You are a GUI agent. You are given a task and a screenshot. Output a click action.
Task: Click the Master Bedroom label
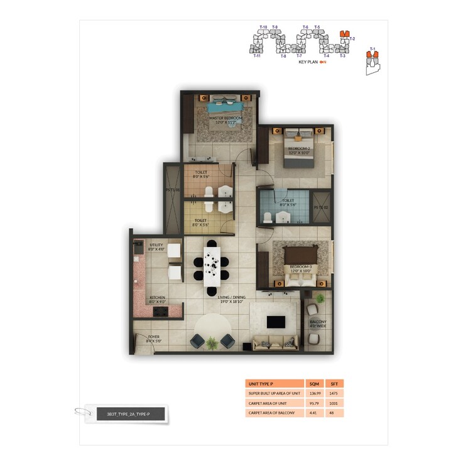[x=226, y=118]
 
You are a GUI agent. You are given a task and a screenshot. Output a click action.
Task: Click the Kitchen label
[x=156, y=298]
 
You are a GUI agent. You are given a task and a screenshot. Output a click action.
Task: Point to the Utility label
[x=156, y=248]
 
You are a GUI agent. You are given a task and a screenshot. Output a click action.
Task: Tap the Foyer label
[x=154, y=338]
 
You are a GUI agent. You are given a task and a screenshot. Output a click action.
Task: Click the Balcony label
[x=318, y=324]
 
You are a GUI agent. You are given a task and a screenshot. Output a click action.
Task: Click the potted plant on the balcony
[x=320, y=298]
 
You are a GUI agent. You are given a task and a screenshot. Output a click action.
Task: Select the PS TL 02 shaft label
[x=321, y=206]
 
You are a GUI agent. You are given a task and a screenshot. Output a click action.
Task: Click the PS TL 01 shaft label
[x=173, y=189]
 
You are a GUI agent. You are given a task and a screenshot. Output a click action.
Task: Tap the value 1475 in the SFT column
[x=335, y=393]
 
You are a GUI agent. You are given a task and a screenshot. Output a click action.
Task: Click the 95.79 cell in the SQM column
[x=314, y=403]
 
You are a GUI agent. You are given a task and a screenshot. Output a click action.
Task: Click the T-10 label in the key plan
[x=263, y=27]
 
